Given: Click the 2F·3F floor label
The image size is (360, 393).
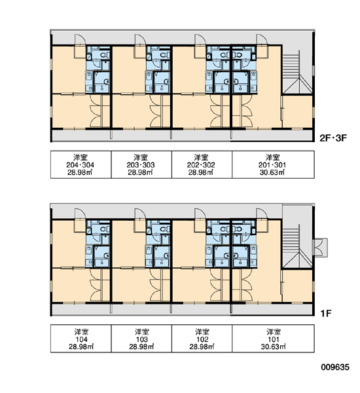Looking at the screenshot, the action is tap(333, 138).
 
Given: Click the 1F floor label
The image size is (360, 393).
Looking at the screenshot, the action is tap(326, 313).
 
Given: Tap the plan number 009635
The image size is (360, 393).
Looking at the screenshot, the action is tap(335, 367).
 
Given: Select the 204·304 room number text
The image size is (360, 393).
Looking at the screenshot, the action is tap(80, 165).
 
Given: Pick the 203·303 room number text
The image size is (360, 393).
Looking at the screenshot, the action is tap(141, 165).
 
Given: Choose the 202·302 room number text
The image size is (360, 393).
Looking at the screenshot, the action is tap(201, 165).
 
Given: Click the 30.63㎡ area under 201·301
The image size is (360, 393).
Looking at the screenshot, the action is tap(272, 172).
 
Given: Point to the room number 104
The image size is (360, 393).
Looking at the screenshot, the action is tap(81, 339).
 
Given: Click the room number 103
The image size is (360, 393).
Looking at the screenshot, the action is tap(141, 339).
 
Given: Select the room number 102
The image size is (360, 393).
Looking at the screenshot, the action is tap(202, 339).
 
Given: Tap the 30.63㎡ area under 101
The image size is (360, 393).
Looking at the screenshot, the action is tap(274, 347).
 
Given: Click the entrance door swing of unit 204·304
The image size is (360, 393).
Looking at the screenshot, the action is tap(80, 39).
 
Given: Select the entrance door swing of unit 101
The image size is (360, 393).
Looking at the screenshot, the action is tap(262, 214).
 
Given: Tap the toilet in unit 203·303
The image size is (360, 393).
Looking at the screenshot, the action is tap(164, 54).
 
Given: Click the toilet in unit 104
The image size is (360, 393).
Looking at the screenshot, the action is tap(104, 229).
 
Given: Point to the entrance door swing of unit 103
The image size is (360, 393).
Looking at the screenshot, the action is tap(140, 214).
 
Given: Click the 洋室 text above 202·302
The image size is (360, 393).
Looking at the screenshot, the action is tap(201, 157).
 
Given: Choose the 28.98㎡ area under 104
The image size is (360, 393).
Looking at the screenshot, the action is tap(81, 347).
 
